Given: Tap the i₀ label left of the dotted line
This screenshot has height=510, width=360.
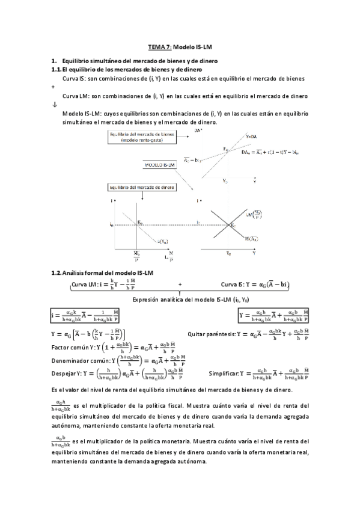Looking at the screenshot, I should pyautogui.click(x=112, y=225).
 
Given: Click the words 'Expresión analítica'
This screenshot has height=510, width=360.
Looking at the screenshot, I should pyautogui.click(x=153, y=300).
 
